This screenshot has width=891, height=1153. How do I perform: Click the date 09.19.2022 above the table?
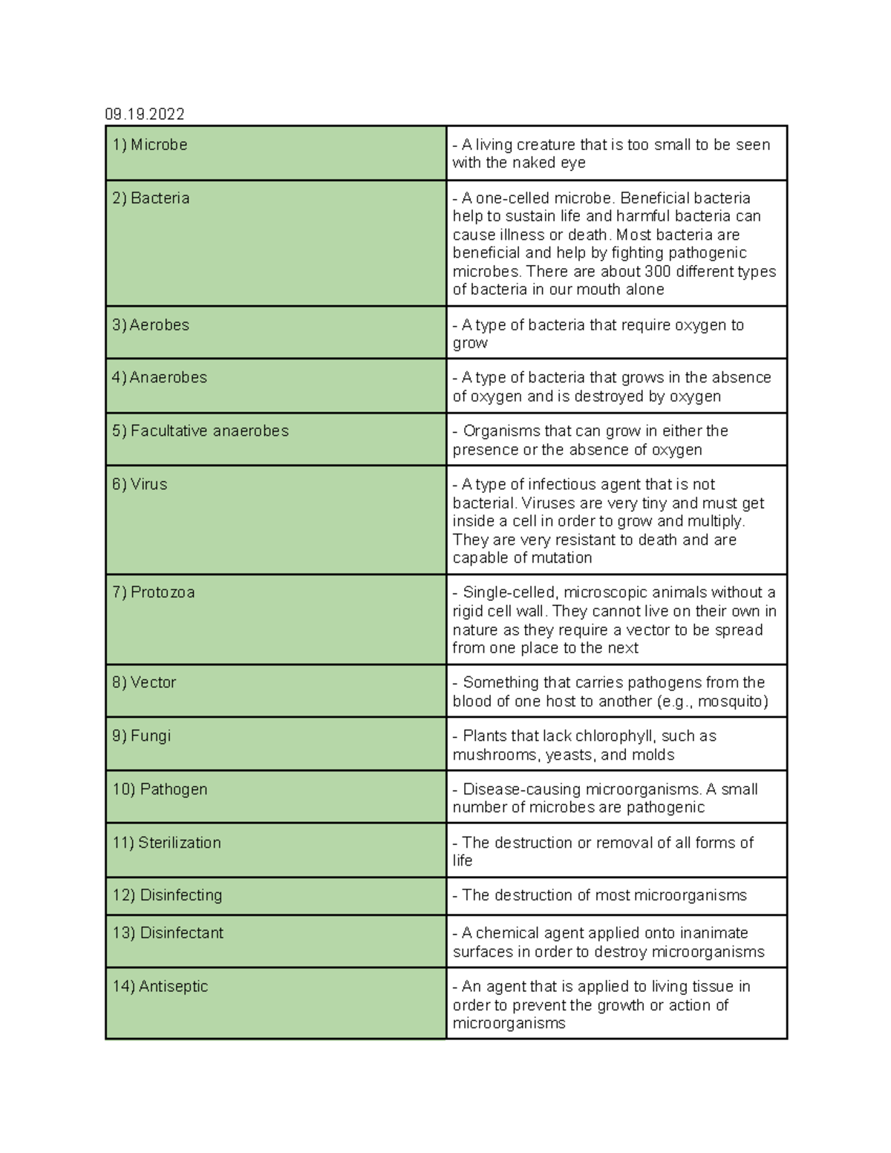pos(145,114)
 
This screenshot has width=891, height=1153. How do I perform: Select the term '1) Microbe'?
pos(150,145)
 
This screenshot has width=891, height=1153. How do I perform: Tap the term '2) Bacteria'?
pos(151,198)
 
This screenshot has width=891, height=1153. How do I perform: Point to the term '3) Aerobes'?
pos(151,325)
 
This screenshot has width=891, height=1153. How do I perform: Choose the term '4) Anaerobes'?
pos(160,378)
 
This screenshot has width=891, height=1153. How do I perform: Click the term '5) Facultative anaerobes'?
pos(200,431)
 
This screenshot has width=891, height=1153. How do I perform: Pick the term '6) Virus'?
pos(140,485)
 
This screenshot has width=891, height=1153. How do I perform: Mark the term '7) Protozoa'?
pos(154,592)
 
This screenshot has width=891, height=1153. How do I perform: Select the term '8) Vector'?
pos(144,682)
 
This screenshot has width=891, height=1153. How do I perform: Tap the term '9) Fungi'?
pos(141,736)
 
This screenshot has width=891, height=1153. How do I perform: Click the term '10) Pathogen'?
pos(160,789)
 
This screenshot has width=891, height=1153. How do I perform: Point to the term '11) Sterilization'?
pos(167,843)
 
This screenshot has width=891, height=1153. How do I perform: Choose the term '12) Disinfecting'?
pos(167,895)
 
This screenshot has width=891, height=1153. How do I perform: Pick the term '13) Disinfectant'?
pos(168,933)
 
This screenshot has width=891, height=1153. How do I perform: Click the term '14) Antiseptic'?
pos(160,987)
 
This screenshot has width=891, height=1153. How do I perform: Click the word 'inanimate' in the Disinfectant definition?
pos(714,933)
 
